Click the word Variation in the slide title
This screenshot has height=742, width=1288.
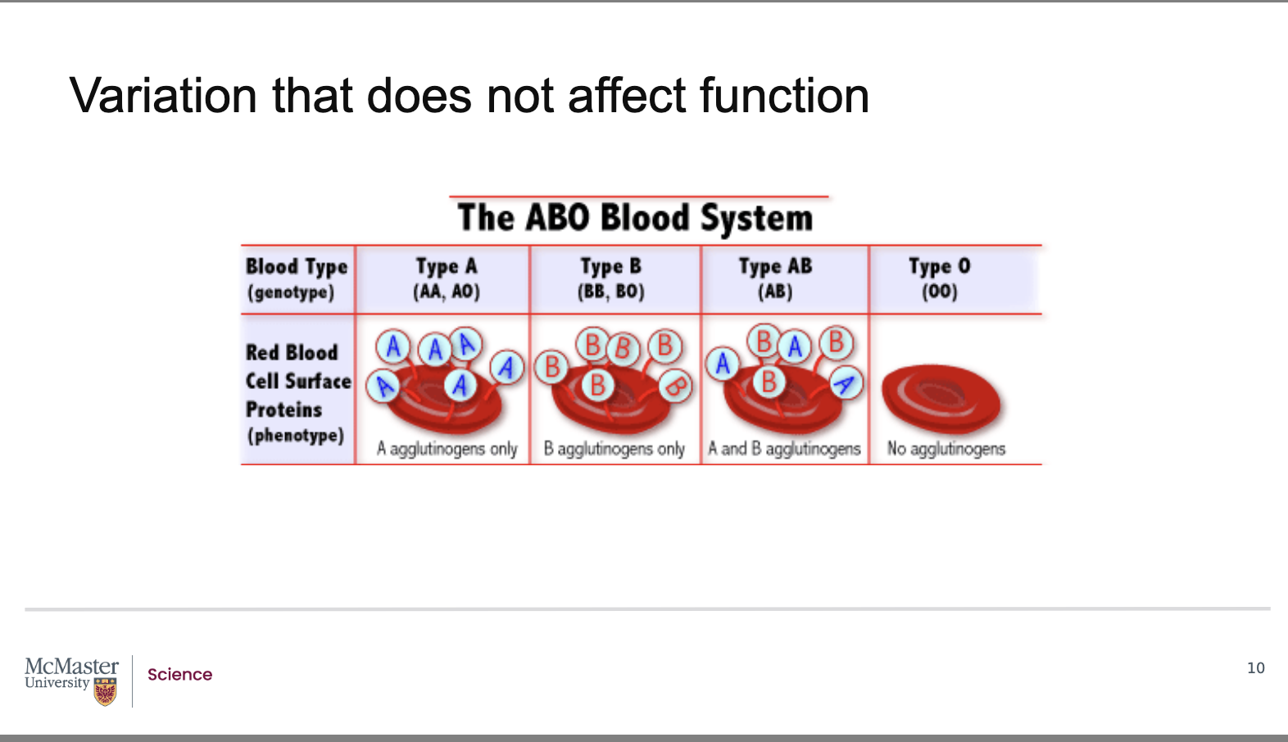[163, 95]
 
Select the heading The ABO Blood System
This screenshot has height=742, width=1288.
[635, 219]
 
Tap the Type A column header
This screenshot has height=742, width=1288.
[447, 267]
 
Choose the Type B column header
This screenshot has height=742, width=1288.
[610, 267]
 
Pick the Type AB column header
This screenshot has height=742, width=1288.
[775, 267]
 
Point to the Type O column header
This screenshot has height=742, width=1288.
[940, 267]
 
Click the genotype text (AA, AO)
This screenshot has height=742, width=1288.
[447, 292]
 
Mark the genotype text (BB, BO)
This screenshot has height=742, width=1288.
[610, 292]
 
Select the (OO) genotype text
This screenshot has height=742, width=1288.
[940, 292]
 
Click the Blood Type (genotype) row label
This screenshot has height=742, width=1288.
[297, 279]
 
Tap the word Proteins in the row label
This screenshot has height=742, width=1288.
[284, 409]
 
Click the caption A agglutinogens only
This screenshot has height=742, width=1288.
[447, 449]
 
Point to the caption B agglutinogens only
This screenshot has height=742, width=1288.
[615, 449]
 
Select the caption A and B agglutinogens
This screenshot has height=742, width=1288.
[784, 449]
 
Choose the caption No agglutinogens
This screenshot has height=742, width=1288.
[946, 449]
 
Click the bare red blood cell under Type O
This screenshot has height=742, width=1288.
[941, 399]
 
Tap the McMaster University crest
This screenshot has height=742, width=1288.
[105, 691]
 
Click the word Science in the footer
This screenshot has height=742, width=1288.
[180, 674]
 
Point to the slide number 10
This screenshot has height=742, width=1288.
[1256, 667]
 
